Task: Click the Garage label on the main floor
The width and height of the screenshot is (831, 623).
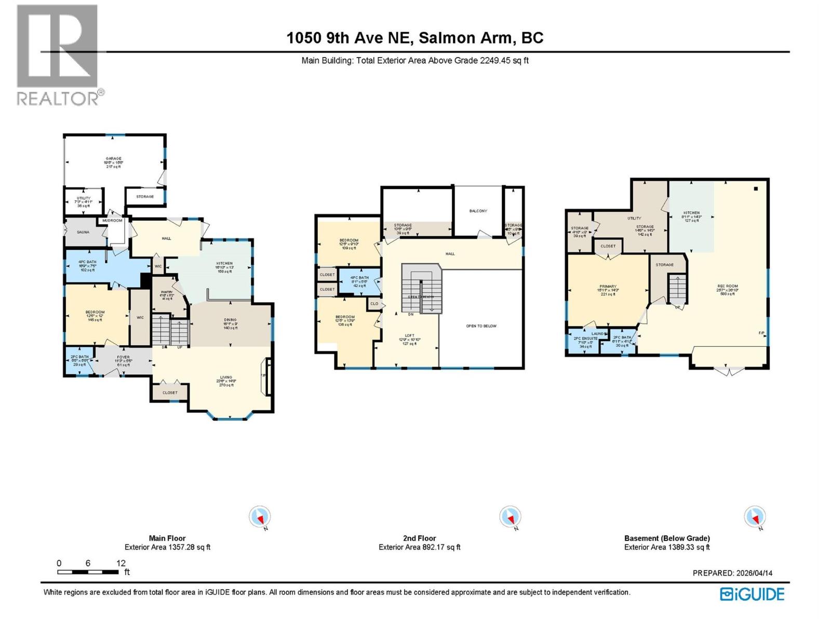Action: tap(114, 159)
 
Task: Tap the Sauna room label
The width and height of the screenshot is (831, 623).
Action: tap(83, 232)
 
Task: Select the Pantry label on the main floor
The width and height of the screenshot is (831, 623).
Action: tap(167, 292)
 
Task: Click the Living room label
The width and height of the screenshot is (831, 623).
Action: tap(226, 377)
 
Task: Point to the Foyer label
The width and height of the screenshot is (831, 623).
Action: tap(123, 357)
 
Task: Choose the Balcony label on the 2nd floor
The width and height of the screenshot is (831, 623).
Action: tap(478, 211)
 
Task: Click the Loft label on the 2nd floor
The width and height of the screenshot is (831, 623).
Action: tap(410, 336)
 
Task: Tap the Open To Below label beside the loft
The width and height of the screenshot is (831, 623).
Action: tap(481, 326)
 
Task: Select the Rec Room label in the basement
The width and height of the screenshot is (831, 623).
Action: tap(728, 286)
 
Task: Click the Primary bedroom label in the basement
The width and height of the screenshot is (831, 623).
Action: tap(608, 287)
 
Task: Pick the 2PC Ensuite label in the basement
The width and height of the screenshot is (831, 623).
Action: tap(586, 338)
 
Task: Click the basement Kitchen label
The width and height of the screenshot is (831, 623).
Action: tap(691, 213)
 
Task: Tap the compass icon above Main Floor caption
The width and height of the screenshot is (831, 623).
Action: tap(260, 517)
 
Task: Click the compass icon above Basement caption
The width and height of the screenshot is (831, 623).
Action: tap(755, 517)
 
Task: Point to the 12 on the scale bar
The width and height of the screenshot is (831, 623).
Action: tap(121, 563)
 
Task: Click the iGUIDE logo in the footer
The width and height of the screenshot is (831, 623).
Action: tap(752, 594)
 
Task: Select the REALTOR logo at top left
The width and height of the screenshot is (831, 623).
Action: tap(58, 55)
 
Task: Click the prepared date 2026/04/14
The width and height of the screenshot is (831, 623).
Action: tap(754, 573)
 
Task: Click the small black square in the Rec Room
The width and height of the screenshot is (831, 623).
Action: tap(756, 188)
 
